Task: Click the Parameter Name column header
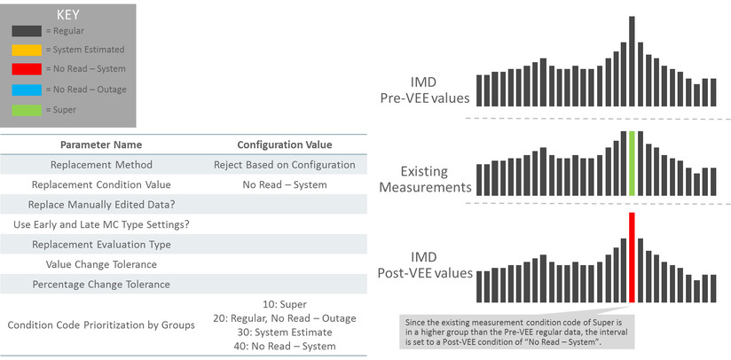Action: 100,145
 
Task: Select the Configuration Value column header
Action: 285,145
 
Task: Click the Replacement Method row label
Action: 101,165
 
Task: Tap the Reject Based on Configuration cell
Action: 285,165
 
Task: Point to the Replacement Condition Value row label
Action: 101,185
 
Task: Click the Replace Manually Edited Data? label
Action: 101,205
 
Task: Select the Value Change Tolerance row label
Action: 101,264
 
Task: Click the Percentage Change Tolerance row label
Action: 101,285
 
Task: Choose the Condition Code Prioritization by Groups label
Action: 101,325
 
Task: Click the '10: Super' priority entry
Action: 285,304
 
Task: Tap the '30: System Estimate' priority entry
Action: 285,332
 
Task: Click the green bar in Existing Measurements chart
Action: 631,164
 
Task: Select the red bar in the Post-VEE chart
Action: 631,257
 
